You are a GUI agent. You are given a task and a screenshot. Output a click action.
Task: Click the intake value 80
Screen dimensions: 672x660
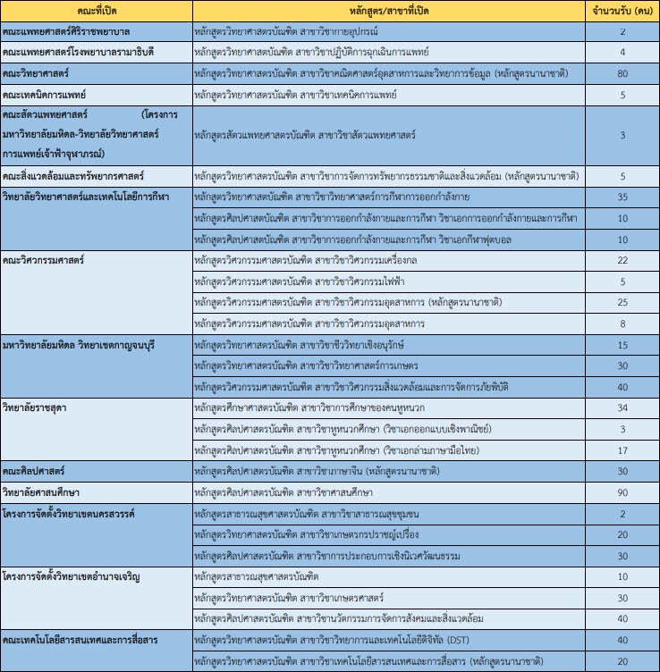click(622, 72)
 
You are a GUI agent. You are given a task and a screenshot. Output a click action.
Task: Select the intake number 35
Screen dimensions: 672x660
click(622, 197)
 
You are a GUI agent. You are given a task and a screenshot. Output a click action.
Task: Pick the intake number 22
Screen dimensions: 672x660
click(622, 260)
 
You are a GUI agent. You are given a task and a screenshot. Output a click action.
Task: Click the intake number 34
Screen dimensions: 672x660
click(622, 408)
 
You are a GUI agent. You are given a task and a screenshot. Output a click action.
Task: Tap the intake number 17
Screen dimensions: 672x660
click(622, 450)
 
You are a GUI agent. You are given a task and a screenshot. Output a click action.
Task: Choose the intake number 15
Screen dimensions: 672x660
click(622, 345)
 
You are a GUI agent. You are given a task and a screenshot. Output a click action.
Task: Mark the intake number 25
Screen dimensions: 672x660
click(622, 302)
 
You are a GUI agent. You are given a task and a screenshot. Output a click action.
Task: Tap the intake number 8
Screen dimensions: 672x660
click(622, 323)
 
